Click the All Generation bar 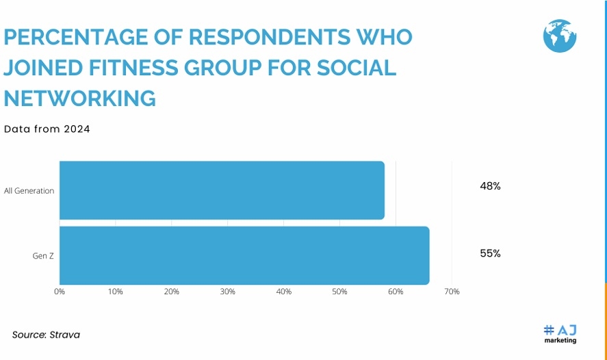tap(222, 190)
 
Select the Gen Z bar tap(244, 255)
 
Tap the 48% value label tap(490, 185)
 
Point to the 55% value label tap(490, 253)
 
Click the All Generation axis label tap(29, 191)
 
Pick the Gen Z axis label tap(43, 256)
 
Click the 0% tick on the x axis tap(60, 292)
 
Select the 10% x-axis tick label tap(116, 292)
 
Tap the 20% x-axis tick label tap(172, 292)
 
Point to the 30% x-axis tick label tap(228, 292)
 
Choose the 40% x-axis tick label tap(284, 292)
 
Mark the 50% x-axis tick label tap(340, 292)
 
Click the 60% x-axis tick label tap(396, 292)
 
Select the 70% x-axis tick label tap(452, 292)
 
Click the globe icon tap(560, 36)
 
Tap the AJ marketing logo tap(560, 334)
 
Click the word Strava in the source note tap(66, 335)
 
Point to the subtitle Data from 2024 tap(47, 129)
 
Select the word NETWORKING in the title tap(80, 99)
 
